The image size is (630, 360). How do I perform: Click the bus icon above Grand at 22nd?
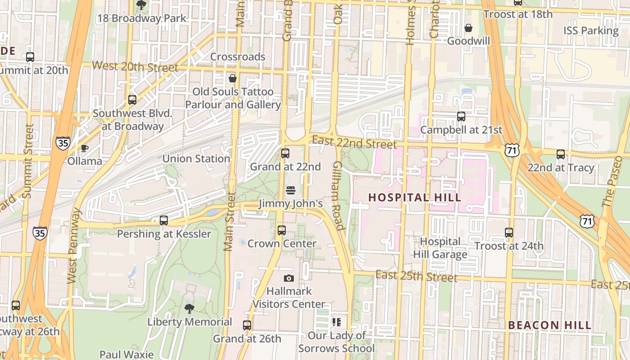click(x=285, y=153)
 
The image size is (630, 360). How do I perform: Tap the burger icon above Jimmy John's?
click(x=290, y=190)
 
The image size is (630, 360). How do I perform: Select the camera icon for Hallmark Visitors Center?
click(x=289, y=278)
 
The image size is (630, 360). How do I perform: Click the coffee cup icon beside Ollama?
click(x=84, y=148)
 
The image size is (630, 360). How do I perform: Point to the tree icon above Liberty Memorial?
click(x=189, y=309)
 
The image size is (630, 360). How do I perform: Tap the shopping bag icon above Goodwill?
click(x=468, y=28)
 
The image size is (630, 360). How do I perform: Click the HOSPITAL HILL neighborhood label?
click(x=414, y=198)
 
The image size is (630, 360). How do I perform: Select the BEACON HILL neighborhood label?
click(x=549, y=325)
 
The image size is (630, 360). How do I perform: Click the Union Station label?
click(x=196, y=159)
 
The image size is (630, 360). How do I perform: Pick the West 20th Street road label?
click(x=135, y=67)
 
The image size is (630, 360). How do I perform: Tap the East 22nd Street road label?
click(x=354, y=142)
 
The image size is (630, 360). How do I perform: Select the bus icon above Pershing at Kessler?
click(x=164, y=220)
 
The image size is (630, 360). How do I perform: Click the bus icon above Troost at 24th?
click(x=509, y=233)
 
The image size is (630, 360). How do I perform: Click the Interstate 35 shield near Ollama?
click(x=63, y=143)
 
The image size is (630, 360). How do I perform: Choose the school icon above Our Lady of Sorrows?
click(x=336, y=322)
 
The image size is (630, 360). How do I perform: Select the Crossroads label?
click(x=238, y=57)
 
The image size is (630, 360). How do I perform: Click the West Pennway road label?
click(x=74, y=246)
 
